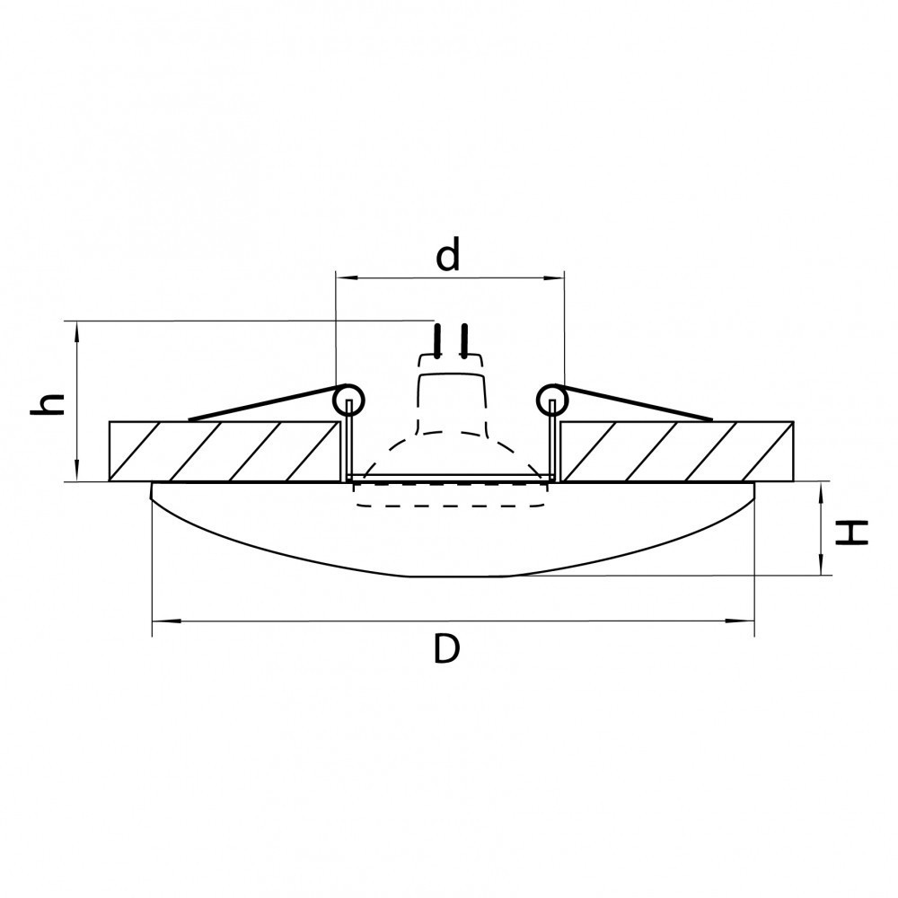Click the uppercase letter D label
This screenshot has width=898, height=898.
(x=446, y=649)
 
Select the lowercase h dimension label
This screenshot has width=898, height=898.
(x=47, y=404)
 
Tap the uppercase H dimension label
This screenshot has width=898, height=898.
(x=852, y=533)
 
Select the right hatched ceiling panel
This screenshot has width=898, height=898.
(x=677, y=452)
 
